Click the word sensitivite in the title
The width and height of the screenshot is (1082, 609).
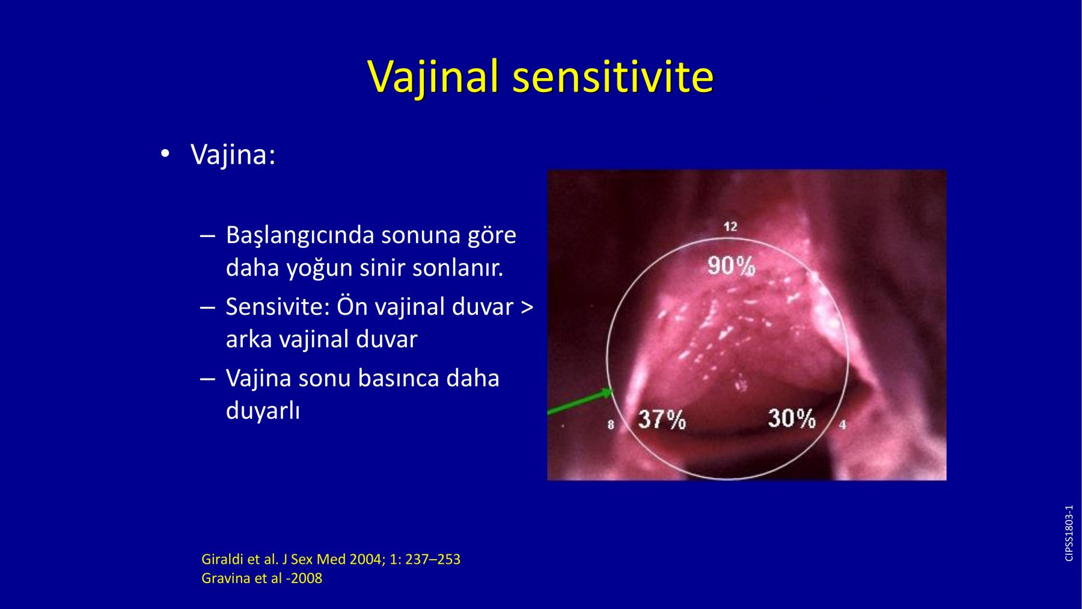click(613, 76)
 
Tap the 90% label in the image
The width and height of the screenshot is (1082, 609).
click(731, 265)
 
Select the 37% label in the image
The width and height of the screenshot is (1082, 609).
click(661, 419)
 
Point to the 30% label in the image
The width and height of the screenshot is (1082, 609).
click(792, 418)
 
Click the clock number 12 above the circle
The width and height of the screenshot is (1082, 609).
click(730, 226)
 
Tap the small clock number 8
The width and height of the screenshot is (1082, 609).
click(611, 424)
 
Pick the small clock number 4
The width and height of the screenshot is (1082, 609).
click(843, 424)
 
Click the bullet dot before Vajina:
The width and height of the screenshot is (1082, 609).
click(165, 155)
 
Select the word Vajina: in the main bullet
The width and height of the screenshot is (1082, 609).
click(233, 155)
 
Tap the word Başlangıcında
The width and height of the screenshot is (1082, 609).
click(299, 236)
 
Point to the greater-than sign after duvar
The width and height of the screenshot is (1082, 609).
click(527, 308)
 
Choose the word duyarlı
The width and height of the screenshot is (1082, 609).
click(263, 412)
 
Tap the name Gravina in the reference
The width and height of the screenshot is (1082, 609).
click(225, 578)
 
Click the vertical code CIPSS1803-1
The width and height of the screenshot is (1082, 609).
click(1069, 533)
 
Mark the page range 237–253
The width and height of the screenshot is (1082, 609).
click(433, 559)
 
